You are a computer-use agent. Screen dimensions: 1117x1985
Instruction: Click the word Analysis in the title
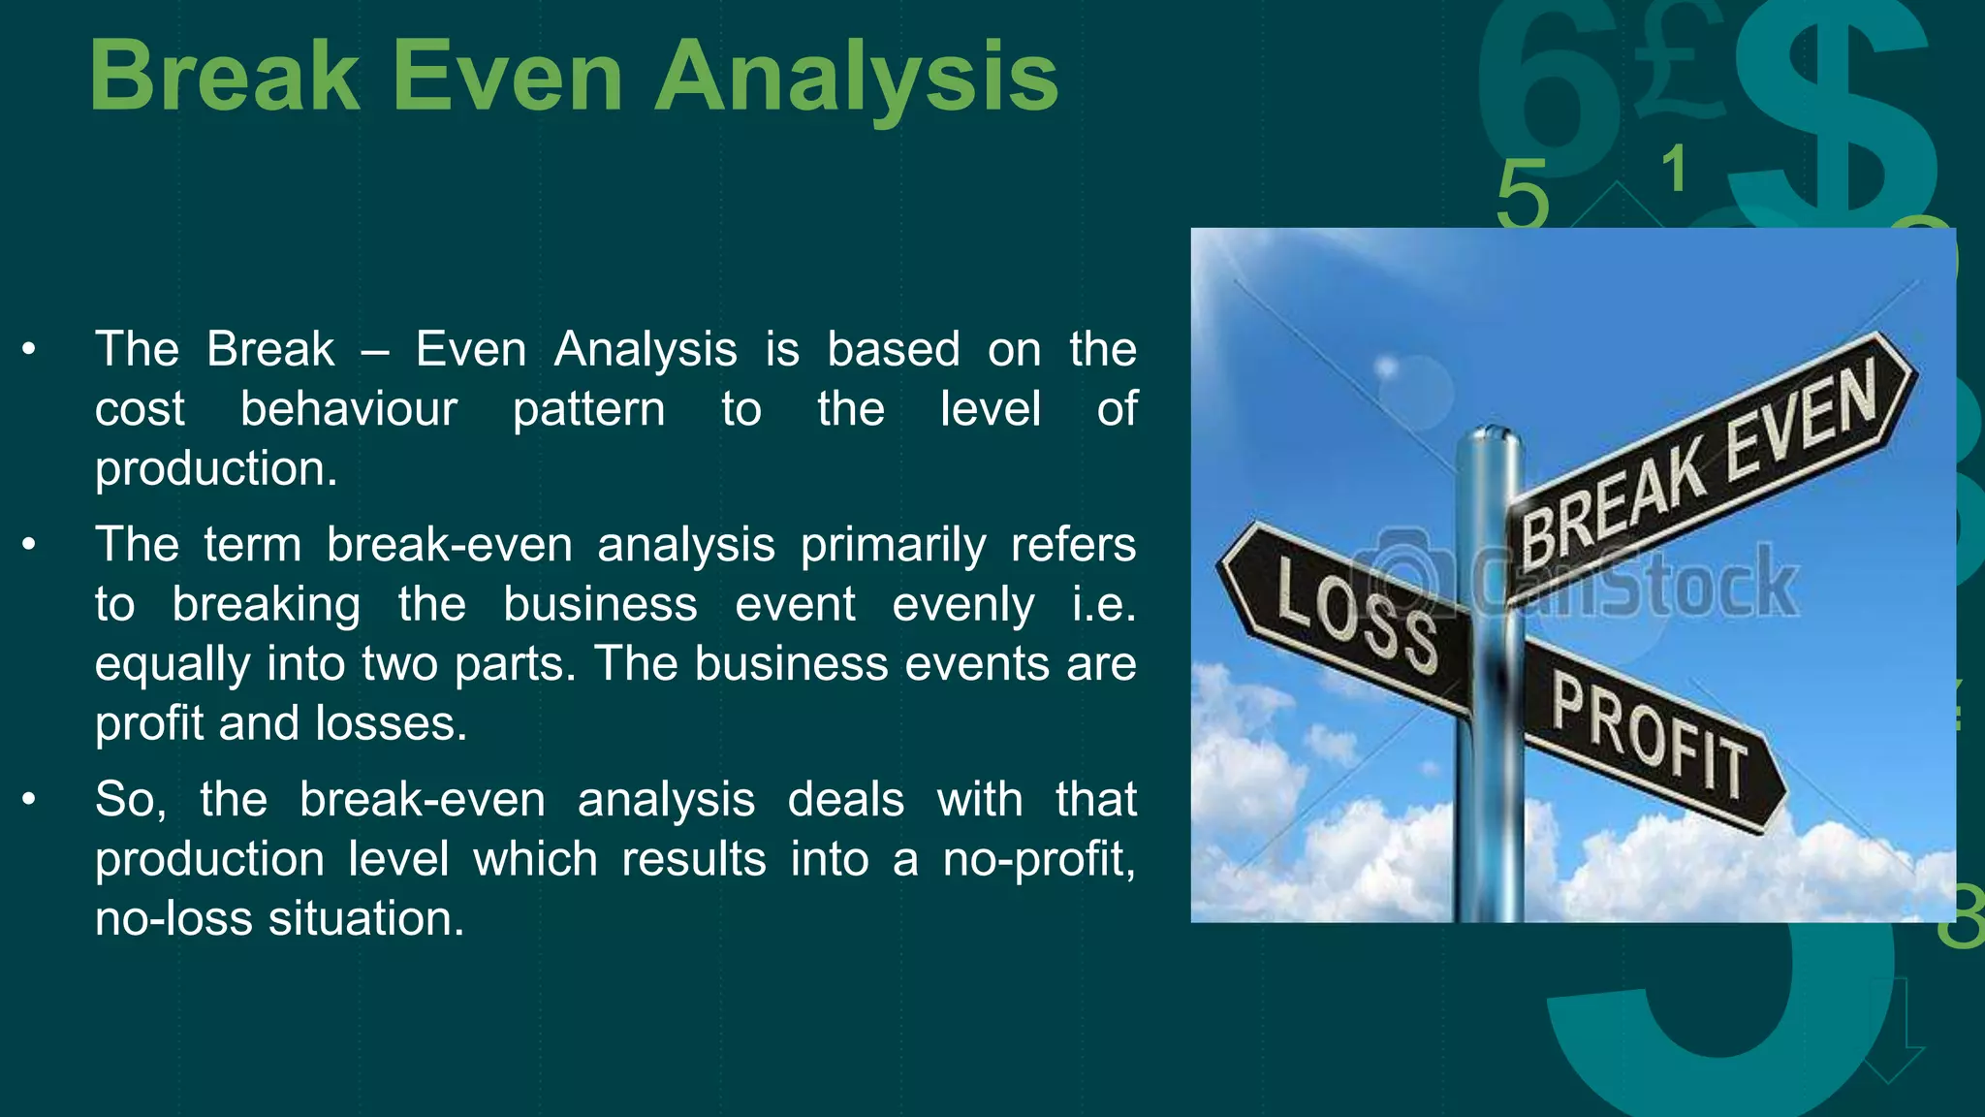(857, 78)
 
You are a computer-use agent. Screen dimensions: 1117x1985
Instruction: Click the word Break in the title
(224, 78)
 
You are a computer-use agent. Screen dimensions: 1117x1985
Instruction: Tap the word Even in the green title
(507, 78)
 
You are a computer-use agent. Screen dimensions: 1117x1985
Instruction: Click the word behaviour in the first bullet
(348, 409)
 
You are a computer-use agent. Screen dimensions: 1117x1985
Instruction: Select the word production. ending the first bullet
(216, 469)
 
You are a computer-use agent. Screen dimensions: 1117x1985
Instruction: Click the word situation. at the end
(366, 918)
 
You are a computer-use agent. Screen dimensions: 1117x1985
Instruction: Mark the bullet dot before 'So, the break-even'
(29, 800)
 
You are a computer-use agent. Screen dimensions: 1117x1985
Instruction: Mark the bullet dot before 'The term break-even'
(29, 545)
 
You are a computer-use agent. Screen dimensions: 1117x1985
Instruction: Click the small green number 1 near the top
(1674, 170)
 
